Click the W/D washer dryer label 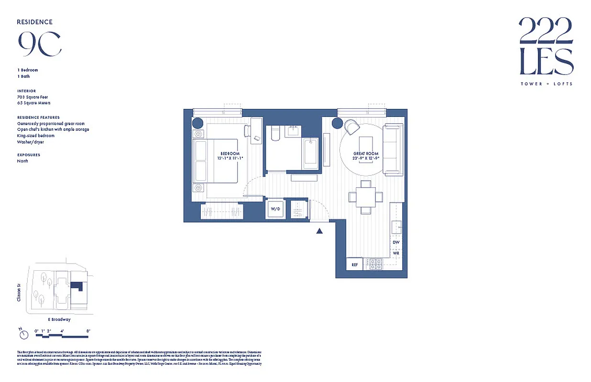(275, 209)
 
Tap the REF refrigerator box (354, 265)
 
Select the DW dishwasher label (396, 243)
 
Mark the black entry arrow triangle (319, 231)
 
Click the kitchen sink (396, 228)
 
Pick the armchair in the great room (352, 127)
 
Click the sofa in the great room (393, 149)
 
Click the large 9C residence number (40, 44)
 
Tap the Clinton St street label (20, 292)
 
